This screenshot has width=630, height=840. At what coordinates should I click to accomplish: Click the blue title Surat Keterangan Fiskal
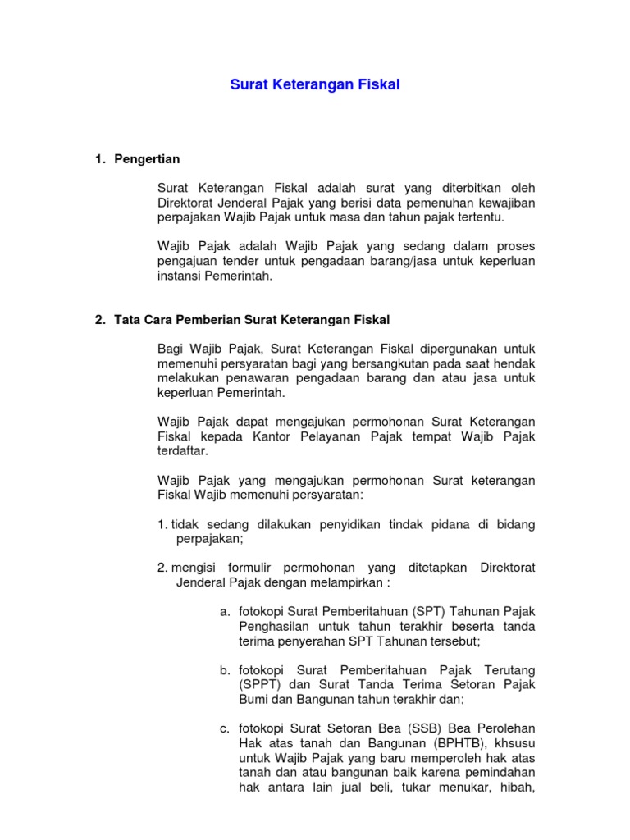coord(314,84)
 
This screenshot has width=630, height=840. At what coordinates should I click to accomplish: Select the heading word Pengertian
coord(147,158)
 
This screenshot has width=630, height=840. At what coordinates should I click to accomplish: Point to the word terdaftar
coord(183,452)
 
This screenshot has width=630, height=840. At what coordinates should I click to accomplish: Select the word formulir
coord(248,568)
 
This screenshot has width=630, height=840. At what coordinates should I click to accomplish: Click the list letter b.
coord(224,670)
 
